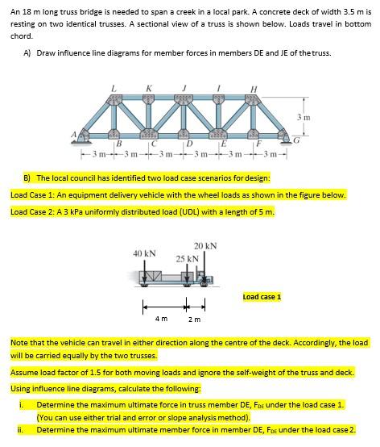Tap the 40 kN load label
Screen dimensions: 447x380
click(145, 253)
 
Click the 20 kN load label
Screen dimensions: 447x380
click(205, 245)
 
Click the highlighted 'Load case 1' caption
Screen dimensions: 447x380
click(262, 297)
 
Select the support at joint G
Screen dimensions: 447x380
click(288, 138)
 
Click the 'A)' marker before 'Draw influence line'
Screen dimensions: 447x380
click(27, 53)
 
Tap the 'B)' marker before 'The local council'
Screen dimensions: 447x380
click(27, 177)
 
